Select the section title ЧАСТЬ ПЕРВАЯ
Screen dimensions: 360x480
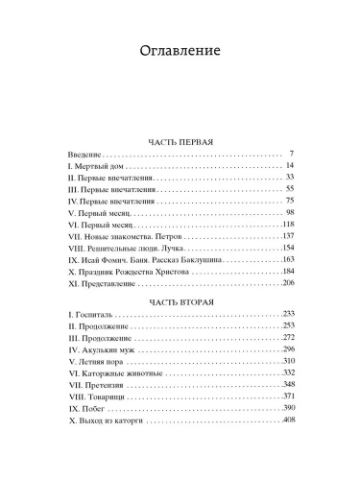180,142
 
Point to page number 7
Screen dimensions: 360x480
289,154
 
